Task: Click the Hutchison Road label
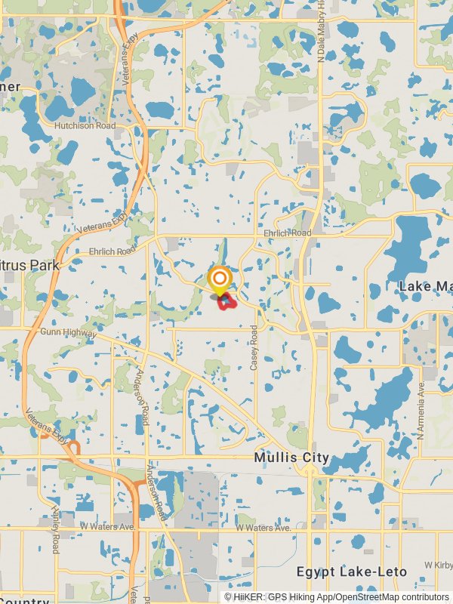click(x=85, y=126)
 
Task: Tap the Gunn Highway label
click(x=68, y=332)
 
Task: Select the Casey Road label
click(x=254, y=347)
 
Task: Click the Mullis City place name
click(x=291, y=458)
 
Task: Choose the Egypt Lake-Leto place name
click(x=352, y=571)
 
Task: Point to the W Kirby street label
click(x=437, y=565)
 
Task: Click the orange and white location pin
click(x=219, y=281)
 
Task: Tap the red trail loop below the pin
click(x=226, y=303)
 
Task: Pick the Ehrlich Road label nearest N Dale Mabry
click(x=288, y=233)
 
